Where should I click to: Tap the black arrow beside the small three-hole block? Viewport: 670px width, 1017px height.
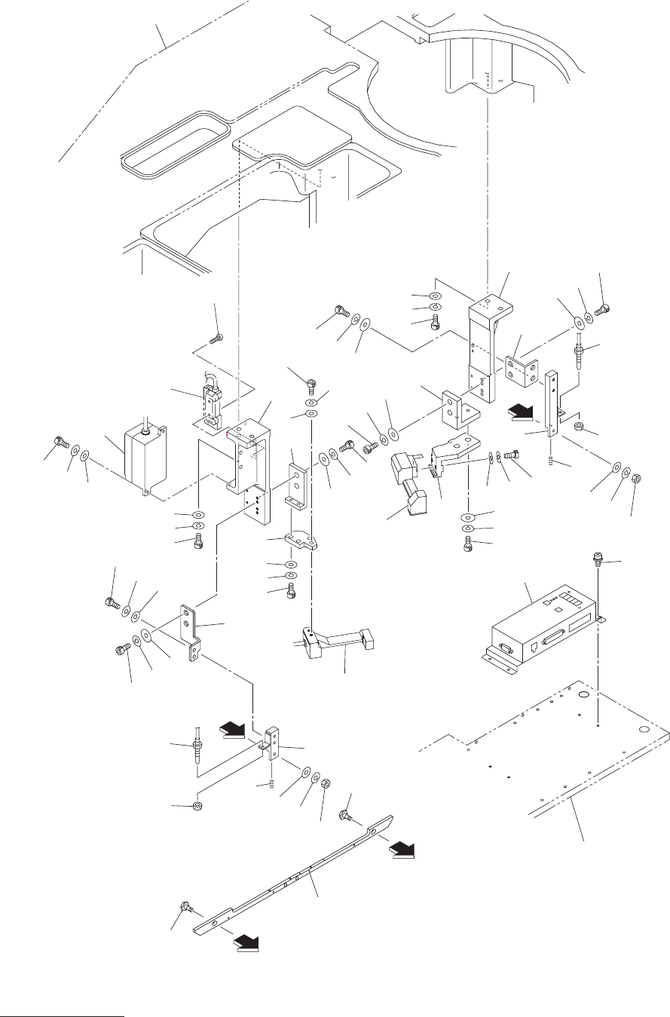(234, 729)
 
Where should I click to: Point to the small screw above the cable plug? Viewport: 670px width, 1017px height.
(218, 338)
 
